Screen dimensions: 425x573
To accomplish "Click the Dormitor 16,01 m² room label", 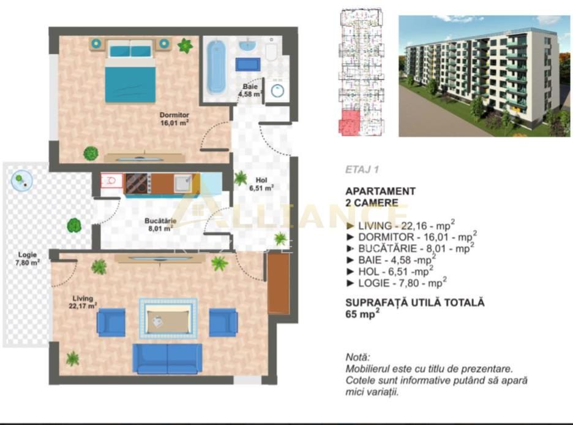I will click(174, 118).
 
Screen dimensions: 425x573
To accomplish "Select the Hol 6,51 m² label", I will click(261, 184).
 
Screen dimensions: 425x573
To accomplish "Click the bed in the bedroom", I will click(130, 71).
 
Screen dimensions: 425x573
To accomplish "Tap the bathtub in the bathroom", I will click(216, 66).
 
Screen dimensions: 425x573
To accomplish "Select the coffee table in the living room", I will click(167, 318).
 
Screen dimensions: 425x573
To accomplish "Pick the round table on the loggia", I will click(20, 179).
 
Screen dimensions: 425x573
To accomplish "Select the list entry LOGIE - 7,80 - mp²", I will click(396, 282).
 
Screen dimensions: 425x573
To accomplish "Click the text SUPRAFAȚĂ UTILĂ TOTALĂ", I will click(414, 302).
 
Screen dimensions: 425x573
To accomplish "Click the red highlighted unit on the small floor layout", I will click(350, 121).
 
